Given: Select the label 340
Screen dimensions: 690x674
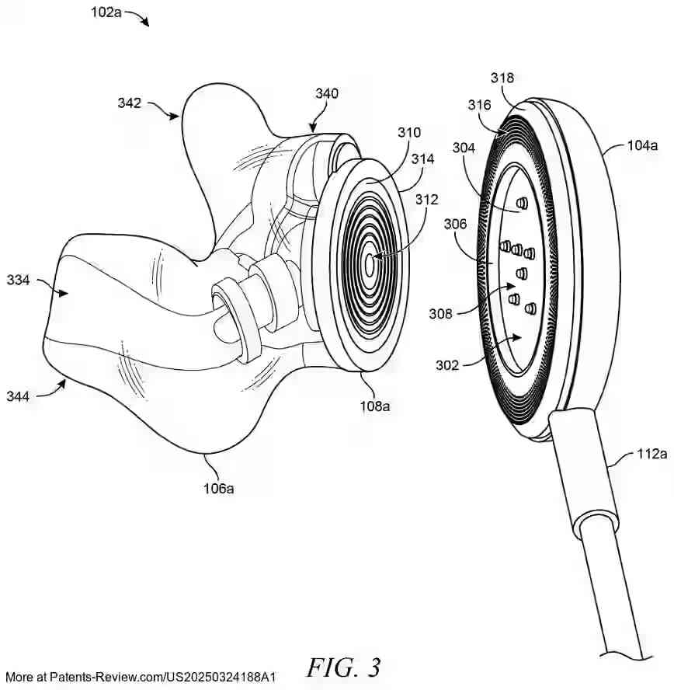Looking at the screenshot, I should coord(328,94).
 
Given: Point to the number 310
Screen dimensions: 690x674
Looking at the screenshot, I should coord(409,132).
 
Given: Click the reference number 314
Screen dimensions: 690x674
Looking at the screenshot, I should coord(424,159).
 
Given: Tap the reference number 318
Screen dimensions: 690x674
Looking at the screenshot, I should coord(502,77).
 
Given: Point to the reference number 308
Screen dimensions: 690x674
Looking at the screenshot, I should coord(442,314).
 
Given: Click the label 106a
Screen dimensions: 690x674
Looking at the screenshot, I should coord(219,488).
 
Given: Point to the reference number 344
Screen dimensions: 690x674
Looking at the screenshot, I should coord(18,396).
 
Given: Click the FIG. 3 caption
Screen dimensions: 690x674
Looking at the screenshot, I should coord(344,666).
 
